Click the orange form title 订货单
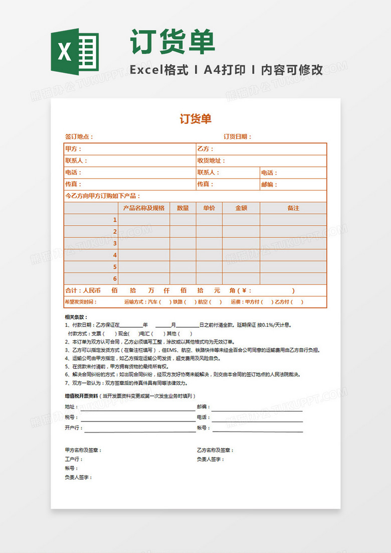[x=195, y=119]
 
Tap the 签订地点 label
[x=79, y=136]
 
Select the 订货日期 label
[x=237, y=136]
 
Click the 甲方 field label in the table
[x=73, y=149]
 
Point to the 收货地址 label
[x=211, y=161]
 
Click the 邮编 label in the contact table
[x=269, y=184]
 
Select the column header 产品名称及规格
[x=144, y=208]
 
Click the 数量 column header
[x=183, y=208]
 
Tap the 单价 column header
[x=209, y=208]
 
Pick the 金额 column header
[x=241, y=208]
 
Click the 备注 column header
[x=293, y=208]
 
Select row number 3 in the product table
[x=115, y=243]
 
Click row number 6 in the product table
[x=115, y=279]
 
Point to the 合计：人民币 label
[x=83, y=291]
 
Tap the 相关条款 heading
[x=76, y=317]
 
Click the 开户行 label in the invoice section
[x=73, y=428]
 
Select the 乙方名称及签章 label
[x=215, y=450]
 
